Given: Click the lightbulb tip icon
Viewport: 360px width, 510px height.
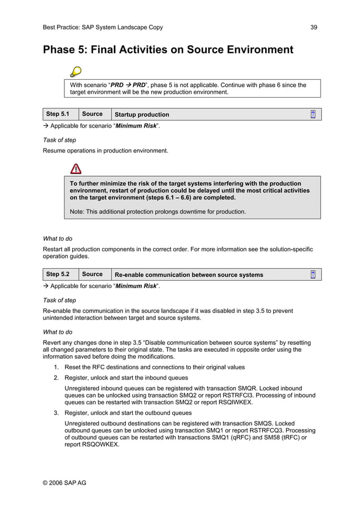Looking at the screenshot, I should coord(75,72).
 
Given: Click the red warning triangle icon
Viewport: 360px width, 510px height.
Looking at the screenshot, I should coord(76,168).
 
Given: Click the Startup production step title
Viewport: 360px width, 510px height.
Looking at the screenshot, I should coord(142,115).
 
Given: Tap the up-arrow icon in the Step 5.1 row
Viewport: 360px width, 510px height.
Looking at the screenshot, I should coord(313,114).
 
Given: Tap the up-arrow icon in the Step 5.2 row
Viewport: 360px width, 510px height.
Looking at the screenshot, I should coord(313,274).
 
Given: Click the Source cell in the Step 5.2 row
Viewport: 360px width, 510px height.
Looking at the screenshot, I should coord(93,274).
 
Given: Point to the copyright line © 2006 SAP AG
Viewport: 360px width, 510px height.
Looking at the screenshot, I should coord(64,483).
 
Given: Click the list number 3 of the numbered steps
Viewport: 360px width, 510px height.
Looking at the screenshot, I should coord(56,412).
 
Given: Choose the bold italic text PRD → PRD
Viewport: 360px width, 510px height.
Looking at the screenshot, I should coord(128,85).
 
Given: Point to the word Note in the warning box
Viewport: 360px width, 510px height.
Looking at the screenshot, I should coord(77,212).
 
